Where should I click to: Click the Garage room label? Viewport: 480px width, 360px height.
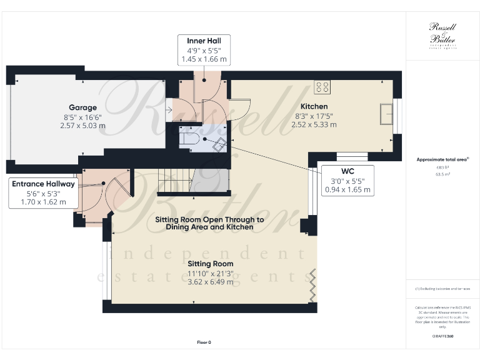point(82,107)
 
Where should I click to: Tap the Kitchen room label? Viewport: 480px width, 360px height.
point(314,106)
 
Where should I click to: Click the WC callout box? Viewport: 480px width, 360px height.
point(347,180)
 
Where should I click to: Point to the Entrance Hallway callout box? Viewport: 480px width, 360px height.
point(42,193)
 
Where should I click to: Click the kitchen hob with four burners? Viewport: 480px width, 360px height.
point(323,86)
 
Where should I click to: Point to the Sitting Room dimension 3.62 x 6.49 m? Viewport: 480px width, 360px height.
point(211,282)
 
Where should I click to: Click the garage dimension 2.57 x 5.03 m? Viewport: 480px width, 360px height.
point(82,125)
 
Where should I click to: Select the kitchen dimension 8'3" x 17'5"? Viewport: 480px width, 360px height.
point(314,116)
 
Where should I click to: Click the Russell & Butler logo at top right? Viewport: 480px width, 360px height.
point(442,34)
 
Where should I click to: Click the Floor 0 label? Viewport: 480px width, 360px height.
point(204,342)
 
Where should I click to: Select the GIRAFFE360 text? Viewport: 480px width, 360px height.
point(442,336)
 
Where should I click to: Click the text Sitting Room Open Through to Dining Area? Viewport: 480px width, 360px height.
point(211,224)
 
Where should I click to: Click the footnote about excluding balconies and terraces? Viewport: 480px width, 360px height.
point(442,289)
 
